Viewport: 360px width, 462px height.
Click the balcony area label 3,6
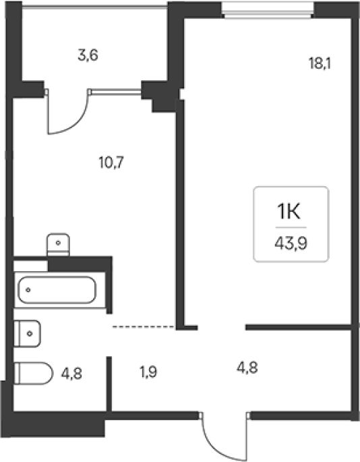(x=88, y=55)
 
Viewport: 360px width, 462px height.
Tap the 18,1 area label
(x=320, y=63)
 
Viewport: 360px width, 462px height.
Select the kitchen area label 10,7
(x=111, y=163)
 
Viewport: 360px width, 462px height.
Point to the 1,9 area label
(x=148, y=372)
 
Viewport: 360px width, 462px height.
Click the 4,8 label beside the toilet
(x=71, y=374)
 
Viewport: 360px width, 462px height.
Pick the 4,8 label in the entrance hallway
(x=247, y=368)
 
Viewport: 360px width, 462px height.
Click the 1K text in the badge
(x=289, y=212)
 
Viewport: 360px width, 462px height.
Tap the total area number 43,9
(x=291, y=243)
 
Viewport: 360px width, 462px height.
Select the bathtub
(x=57, y=289)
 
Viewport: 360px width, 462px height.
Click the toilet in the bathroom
(x=33, y=374)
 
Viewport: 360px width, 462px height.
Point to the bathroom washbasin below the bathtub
(x=27, y=334)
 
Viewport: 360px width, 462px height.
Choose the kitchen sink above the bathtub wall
(x=59, y=245)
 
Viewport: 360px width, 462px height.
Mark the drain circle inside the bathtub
(x=28, y=290)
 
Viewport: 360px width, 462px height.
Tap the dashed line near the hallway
(x=144, y=326)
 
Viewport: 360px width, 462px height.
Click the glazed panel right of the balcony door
(x=116, y=92)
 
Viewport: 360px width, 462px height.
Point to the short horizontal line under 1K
(x=291, y=227)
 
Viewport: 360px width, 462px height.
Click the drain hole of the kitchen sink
(x=59, y=243)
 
